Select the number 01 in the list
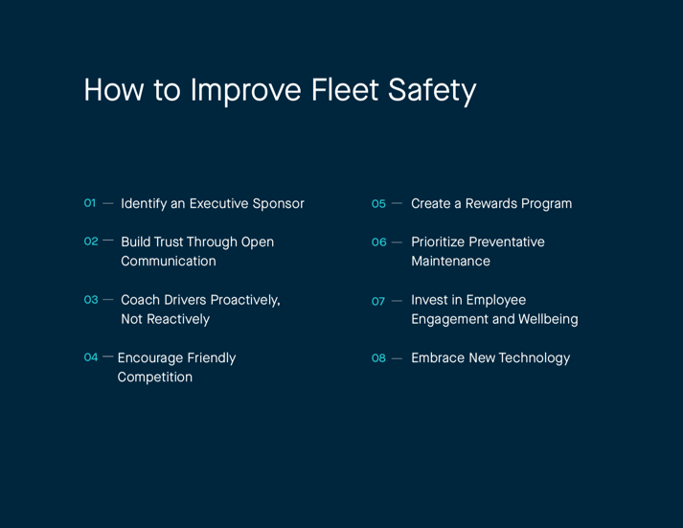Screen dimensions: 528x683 click(90, 203)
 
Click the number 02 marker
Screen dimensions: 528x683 click(91, 241)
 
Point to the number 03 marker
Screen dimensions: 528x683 click(91, 300)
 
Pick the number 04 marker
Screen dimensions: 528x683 click(91, 357)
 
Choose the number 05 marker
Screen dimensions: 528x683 click(378, 204)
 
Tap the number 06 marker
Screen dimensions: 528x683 click(379, 242)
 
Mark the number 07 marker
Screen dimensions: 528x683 click(378, 301)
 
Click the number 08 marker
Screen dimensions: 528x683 click(379, 358)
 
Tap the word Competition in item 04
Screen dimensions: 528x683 click(155, 377)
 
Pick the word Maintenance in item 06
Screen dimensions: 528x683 click(450, 261)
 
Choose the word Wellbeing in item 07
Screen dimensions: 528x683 click(548, 319)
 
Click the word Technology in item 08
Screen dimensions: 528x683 click(535, 357)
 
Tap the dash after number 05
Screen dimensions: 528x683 click(397, 204)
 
